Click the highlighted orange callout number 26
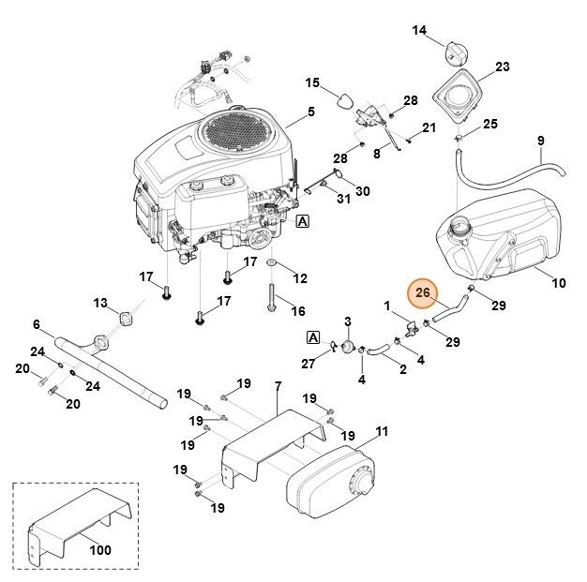423,294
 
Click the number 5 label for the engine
311,111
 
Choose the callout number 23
503,67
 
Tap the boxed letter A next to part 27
313,337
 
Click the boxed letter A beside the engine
302,222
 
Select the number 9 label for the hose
540,142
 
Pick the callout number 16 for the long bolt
298,311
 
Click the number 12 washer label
299,278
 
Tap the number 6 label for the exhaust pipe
37,324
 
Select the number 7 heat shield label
278,386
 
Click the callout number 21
429,127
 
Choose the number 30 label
362,191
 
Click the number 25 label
489,124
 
